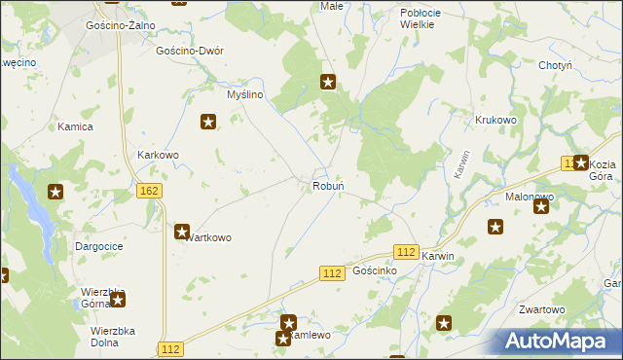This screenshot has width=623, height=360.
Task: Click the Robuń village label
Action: point(325,185)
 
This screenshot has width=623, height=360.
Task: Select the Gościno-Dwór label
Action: point(190,51)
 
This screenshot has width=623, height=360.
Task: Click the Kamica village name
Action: point(75,127)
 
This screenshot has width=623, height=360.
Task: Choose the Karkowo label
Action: point(158,155)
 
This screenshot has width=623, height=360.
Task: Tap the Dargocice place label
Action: point(98,247)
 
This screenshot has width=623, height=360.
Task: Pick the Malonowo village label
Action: point(530,197)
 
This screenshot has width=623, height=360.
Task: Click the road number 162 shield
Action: point(149,192)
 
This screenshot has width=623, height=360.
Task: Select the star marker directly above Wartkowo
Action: point(182,232)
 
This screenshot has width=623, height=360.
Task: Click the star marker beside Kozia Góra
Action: point(581,163)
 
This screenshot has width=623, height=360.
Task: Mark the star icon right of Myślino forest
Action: point(329,83)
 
